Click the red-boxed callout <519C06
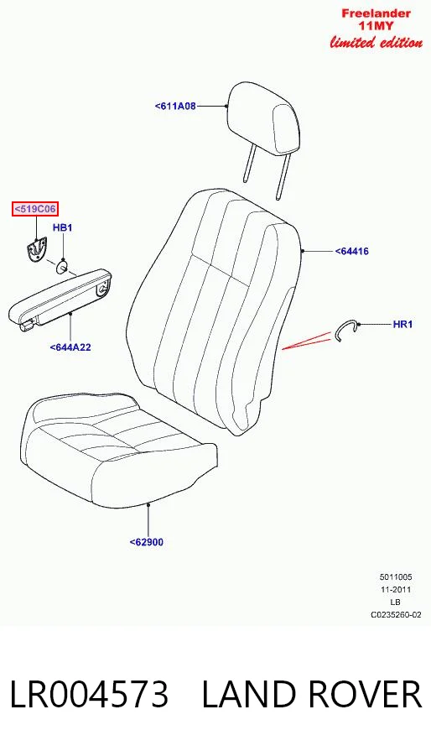click(x=35, y=209)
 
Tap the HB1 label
click(x=62, y=227)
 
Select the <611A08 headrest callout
click(x=175, y=106)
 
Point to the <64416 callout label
click(x=351, y=251)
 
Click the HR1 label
click(x=402, y=324)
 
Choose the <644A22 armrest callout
click(x=70, y=347)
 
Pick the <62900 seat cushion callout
click(x=147, y=542)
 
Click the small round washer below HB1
click(x=62, y=266)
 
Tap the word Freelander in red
click(x=376, y=13)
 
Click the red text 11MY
click(x=376, y=26)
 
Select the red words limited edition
click(x=376, y=42)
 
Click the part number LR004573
click(x=90, y=695)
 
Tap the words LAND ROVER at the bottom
click(x=312, y=695)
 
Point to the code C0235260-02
click(x=396, y=614)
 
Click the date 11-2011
click(x=396, y=590)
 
